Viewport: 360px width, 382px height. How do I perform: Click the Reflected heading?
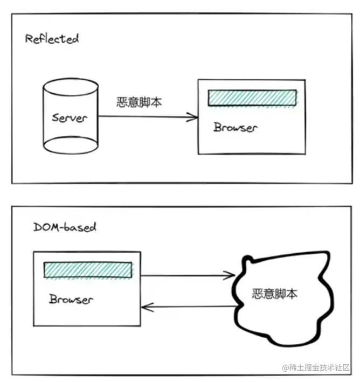[52, 39]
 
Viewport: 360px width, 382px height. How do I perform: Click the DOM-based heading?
[64, 227]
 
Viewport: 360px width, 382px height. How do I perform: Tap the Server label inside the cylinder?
[70, 117]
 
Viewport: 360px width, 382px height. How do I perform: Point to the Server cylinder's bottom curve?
[70, 151]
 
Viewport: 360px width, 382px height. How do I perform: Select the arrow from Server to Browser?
[146, 116]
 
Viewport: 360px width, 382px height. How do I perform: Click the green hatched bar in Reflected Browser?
[252, 97]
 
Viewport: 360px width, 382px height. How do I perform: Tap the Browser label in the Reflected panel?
[236, 128]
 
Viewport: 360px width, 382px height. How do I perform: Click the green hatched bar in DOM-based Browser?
[87, 270]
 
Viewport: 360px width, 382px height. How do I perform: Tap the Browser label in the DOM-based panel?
[71, 300]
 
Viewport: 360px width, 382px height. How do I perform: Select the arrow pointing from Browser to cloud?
[186, 275]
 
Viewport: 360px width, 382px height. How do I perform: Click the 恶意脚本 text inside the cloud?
[275, 294]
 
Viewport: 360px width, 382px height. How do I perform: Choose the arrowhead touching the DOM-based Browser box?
[146, 307]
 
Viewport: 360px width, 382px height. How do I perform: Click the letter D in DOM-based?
[37, 227]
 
